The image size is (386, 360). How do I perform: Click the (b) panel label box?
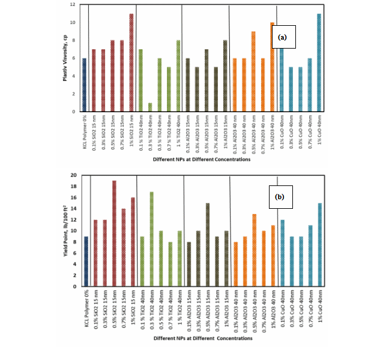tap(280, 196)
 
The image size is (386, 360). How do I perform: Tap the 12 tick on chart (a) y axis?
tap(73, 5)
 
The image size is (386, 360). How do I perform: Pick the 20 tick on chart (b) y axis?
tap(73, 175)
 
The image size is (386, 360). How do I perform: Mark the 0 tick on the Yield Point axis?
tap(74, 286)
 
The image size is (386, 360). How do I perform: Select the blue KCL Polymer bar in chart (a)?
tap(84, 85)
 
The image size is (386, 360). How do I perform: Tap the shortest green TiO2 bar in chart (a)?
tap(150, 107)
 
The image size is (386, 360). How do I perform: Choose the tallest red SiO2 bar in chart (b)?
tap(113, 233)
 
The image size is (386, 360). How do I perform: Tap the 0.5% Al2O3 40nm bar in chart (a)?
tap(253, 71)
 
